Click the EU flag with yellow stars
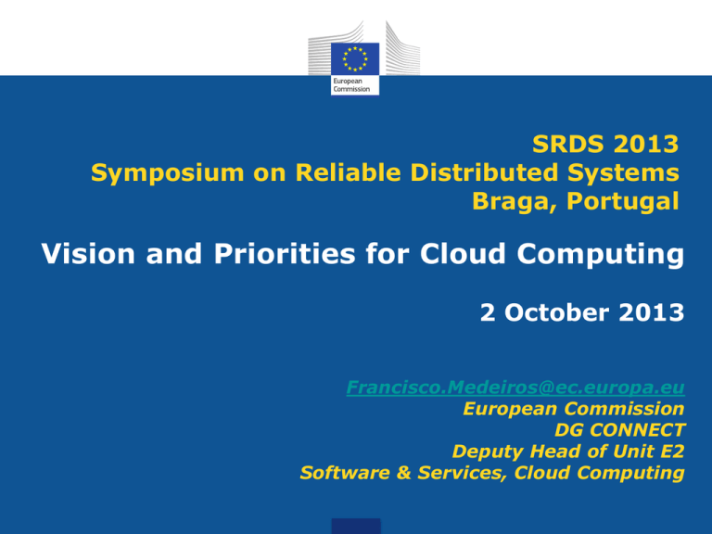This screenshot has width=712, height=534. click(x=355, y=59)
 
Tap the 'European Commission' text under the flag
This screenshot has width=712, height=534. click(x=351, y=85)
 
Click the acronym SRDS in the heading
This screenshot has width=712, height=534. click(x=568, y=144)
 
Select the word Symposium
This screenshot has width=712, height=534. click(x=168, y=173)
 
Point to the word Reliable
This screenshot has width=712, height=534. click(x=349, y=172)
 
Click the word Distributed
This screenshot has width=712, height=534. click(x=484, y=172)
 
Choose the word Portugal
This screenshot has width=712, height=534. click(x=623, y=201)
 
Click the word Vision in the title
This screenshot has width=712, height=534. click(x=88, y=253)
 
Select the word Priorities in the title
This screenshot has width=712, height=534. click(x=285, y=253)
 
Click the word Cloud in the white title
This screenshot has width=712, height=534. click(x=463, y=253)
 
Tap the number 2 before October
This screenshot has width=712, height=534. click(x=488, y=312)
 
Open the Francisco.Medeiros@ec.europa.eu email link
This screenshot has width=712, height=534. click(x=515, y=388)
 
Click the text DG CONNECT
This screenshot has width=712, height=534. click(x=620, y=430)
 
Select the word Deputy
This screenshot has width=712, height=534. click(x=487, y=452)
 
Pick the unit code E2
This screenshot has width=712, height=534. click(x=672, y=451)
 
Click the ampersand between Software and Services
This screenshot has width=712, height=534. click(x=403, y=473)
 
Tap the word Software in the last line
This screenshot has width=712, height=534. click(x=345, y=473)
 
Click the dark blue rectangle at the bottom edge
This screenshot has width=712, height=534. click(x=356, y=527)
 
